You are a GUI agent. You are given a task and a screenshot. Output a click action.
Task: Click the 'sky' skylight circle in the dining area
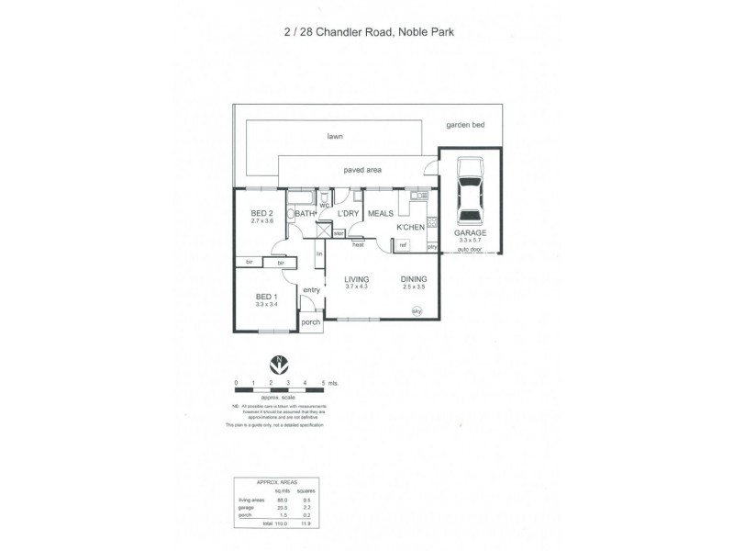[417, 311]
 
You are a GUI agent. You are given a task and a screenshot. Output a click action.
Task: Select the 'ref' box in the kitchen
[403, 244]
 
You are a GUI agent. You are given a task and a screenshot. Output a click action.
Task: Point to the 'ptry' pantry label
[431, 245]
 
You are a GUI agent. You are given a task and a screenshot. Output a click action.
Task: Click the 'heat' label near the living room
[357, 244]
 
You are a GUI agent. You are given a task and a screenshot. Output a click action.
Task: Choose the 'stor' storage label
[339, 234]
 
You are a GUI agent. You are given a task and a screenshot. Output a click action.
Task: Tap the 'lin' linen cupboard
[319, 253]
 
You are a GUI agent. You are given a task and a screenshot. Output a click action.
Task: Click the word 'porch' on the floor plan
[311, 323]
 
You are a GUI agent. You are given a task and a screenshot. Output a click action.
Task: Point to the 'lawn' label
[335, 137]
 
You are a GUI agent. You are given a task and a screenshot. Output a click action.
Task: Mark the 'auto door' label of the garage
[471, 250]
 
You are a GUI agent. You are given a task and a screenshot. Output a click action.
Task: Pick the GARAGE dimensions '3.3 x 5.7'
[471, 241]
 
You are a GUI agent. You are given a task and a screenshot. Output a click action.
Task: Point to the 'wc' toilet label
[324, 205]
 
